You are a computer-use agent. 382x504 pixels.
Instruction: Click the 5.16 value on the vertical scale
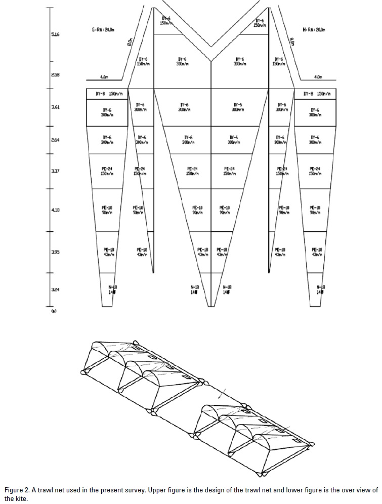tap(55, 35)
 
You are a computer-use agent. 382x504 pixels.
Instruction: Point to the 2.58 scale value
tap(55, 75)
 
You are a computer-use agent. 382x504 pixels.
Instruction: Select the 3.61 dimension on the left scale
tap(55, 107)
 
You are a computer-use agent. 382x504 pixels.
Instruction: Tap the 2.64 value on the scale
tap(55, 140)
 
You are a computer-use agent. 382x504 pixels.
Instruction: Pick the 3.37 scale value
tap(55, 171)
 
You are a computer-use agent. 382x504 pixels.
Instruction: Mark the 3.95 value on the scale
tap(55, 251)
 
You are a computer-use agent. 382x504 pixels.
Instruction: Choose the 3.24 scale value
tap(55, 290)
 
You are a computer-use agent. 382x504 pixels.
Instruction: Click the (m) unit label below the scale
tap(53, 311)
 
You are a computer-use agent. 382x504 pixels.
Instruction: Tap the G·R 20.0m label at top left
tap(103, 30)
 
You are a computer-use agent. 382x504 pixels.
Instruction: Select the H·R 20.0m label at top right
tap(314, 30)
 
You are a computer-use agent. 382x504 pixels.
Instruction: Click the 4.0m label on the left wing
tap(104, 77)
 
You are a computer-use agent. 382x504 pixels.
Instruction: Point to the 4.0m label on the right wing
tap(318, 77)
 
